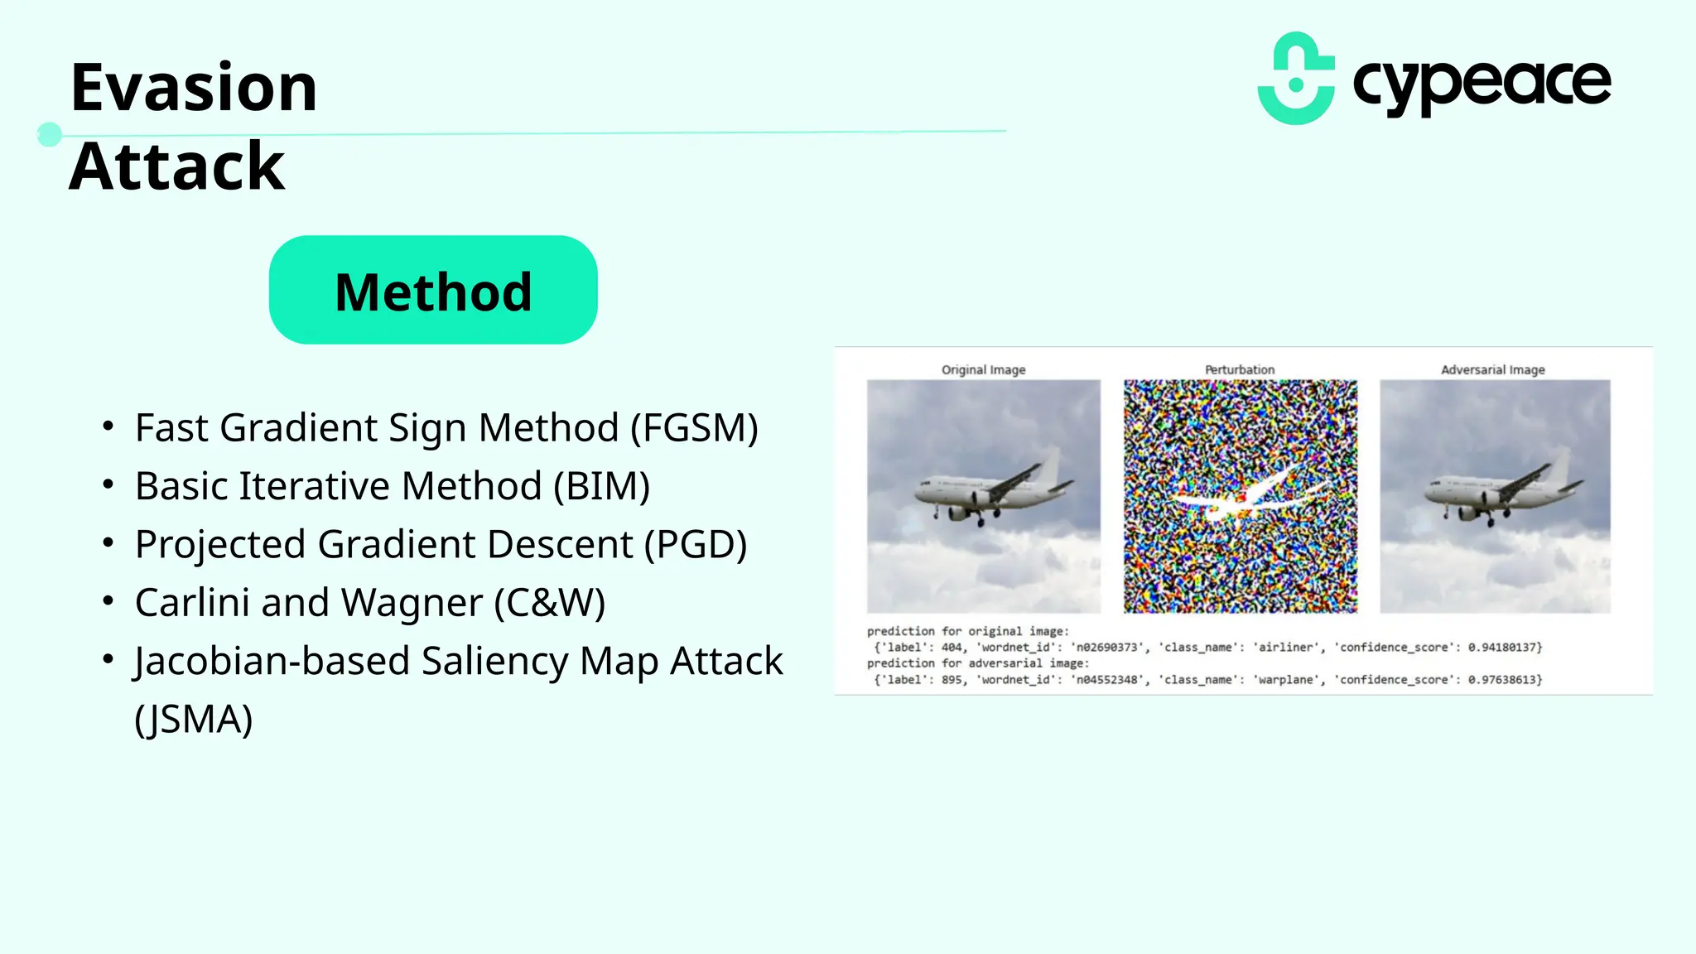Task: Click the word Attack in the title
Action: pyautogui.click(x=177, y=166)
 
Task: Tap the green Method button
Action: pyautogui.click(x=433, y=291)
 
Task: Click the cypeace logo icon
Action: pyautogui.click(x=1296, y=79)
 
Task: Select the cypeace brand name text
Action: pyautogui.click(x=1482, y=83)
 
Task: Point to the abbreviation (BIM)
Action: pyautogui.click(x=601, y=486)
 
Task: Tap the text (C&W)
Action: pyautogui.click(x=550, y=603)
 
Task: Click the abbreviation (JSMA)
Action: pyautogui.click(x=193, y=719)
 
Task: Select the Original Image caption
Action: pyautogui.click(x=983, y=369)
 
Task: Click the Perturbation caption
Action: pyautogui.click(x=1240, y=369)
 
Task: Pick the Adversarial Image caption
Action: pyautogui.click(x=1492, y=369)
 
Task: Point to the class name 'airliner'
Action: pyautogui.click(x=1286, y=648)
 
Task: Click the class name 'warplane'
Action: pyautogui.click(x=1286, y=680)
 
